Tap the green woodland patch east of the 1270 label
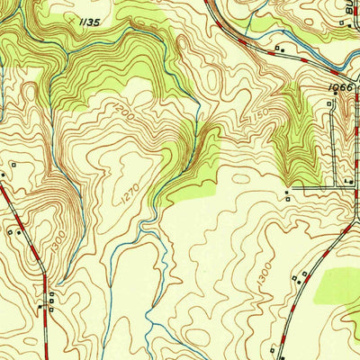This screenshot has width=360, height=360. [193, 184]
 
